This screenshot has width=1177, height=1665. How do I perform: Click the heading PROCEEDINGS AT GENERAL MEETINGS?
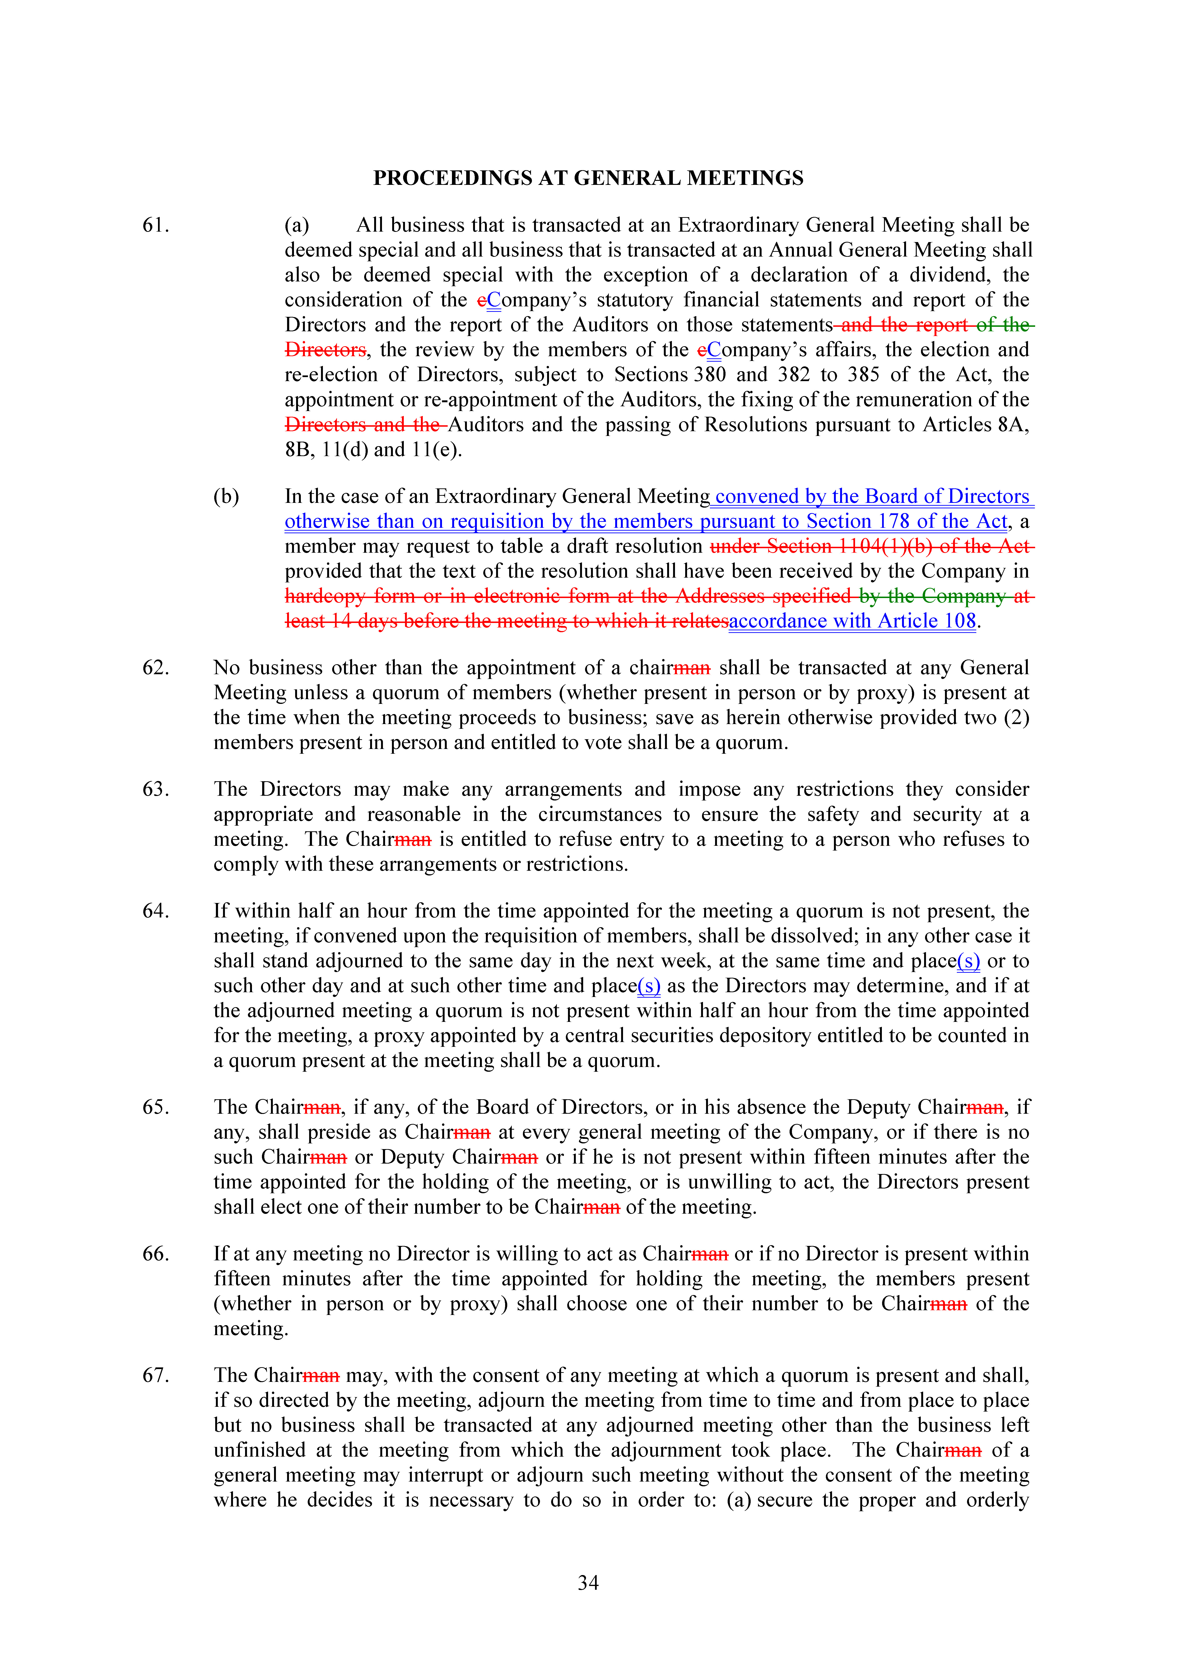(588, 178)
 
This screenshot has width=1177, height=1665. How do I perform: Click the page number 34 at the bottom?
(588, 1583)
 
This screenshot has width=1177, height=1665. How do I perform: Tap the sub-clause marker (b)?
(226, 497)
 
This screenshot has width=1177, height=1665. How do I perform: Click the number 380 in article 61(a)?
(709, 375)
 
